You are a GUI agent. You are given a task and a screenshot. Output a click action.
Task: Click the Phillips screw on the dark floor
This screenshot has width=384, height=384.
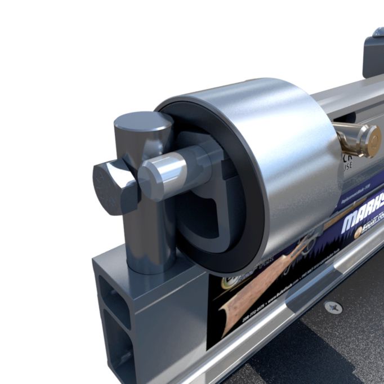(x=333, y=307)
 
